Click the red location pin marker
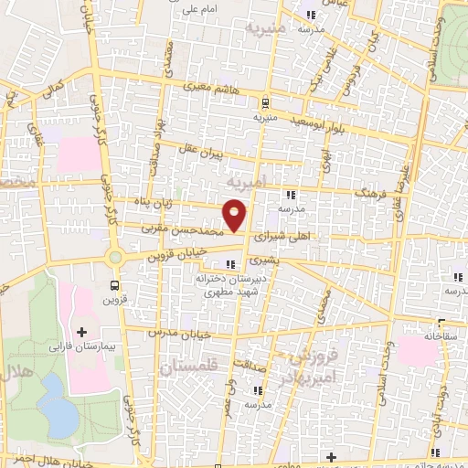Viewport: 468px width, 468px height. [236, 217]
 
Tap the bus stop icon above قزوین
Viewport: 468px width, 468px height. [115, 284]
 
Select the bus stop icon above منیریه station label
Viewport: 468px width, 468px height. [264, 102]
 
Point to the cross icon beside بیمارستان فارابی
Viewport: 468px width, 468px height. [81, 330]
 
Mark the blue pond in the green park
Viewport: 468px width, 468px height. [58, 406]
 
